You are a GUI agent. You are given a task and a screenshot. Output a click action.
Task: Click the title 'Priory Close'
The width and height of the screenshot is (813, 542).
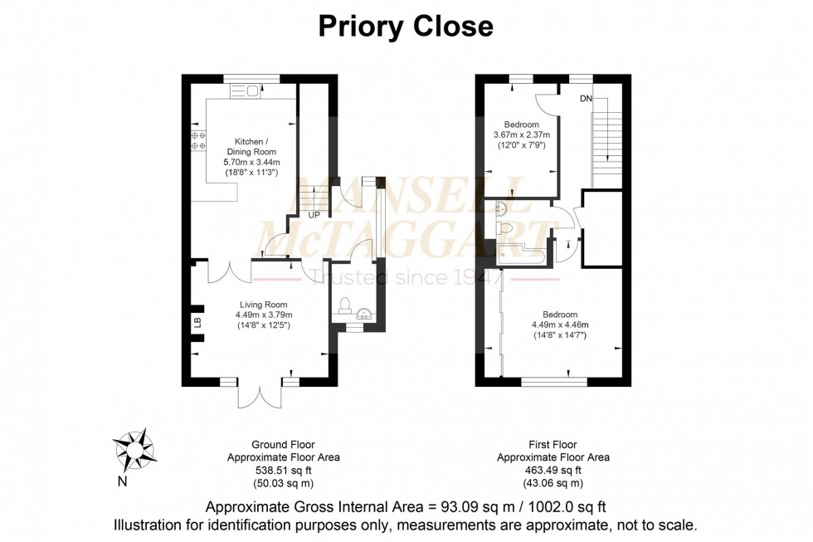(x=406, y=27)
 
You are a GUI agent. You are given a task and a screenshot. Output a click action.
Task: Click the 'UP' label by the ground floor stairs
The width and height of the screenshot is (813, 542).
(x=314, y=216)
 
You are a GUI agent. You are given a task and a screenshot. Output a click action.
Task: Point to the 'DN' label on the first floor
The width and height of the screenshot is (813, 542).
(x=587, y=98)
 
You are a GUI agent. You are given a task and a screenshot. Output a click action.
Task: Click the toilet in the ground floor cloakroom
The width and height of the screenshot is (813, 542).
(x=345, y=304)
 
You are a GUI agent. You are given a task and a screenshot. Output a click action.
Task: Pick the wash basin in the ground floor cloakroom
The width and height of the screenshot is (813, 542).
(x=363, y=314)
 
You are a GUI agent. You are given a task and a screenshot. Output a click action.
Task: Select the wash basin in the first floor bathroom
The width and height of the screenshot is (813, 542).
(x=502, y=208)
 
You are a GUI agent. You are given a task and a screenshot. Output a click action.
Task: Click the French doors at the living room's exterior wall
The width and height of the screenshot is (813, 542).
(x=254, y=395)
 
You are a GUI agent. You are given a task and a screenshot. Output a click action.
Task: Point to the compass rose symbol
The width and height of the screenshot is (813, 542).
(x=134, y=449)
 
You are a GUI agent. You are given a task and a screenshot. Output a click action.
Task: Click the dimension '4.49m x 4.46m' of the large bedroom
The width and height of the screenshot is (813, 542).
(x=560, y=325)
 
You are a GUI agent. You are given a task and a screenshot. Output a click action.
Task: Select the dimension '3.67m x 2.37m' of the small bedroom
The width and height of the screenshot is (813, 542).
(x=522, y=135)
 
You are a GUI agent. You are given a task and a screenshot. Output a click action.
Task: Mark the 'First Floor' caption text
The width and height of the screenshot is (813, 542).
(x=553, y=445)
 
